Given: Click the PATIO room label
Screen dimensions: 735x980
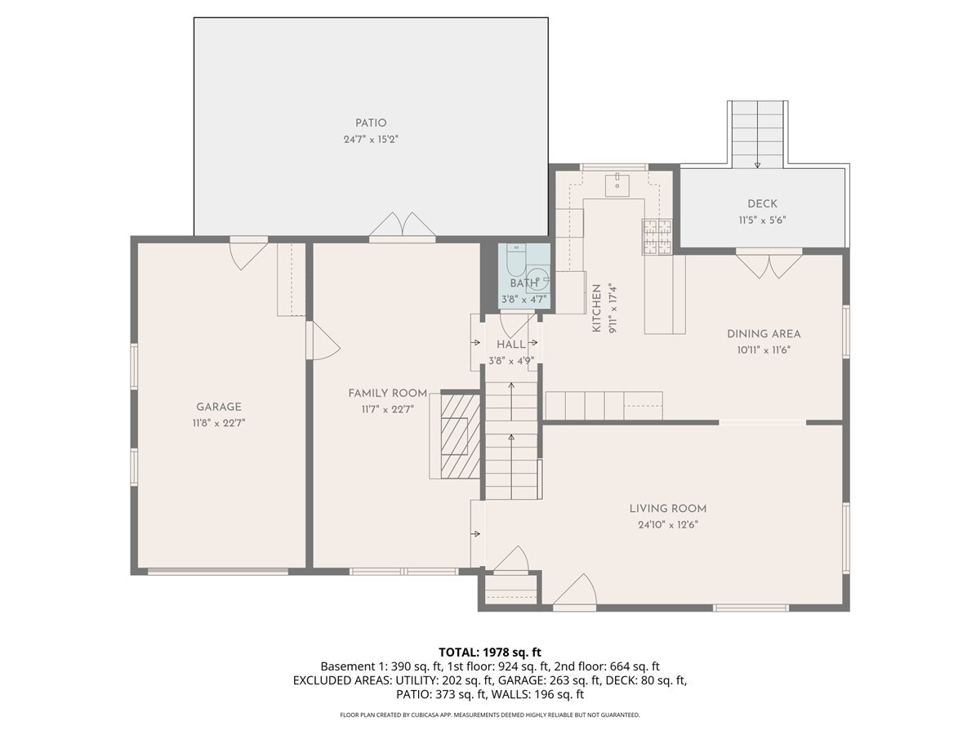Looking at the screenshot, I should coord(371,123).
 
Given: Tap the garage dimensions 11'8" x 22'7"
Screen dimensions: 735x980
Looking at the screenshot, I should coord(218,423).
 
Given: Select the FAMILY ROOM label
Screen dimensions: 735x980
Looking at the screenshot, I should coord(387,393).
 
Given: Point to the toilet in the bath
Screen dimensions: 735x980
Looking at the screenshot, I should coord(515,261).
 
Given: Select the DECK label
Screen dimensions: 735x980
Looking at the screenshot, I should coord(762,204).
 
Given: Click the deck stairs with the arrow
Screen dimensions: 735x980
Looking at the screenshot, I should coord(757,135).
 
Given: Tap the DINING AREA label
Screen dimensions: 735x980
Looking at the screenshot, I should coord(764,333).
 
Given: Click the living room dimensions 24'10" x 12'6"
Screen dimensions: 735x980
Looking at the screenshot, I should coord(668,525).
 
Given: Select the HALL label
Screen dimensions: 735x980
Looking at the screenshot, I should coord(511,345).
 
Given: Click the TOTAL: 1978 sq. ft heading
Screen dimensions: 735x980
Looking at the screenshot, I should coord(490,652).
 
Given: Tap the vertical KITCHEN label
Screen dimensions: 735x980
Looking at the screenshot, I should coord(597,308).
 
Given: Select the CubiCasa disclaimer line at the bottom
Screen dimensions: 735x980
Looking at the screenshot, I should coord(490,715).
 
